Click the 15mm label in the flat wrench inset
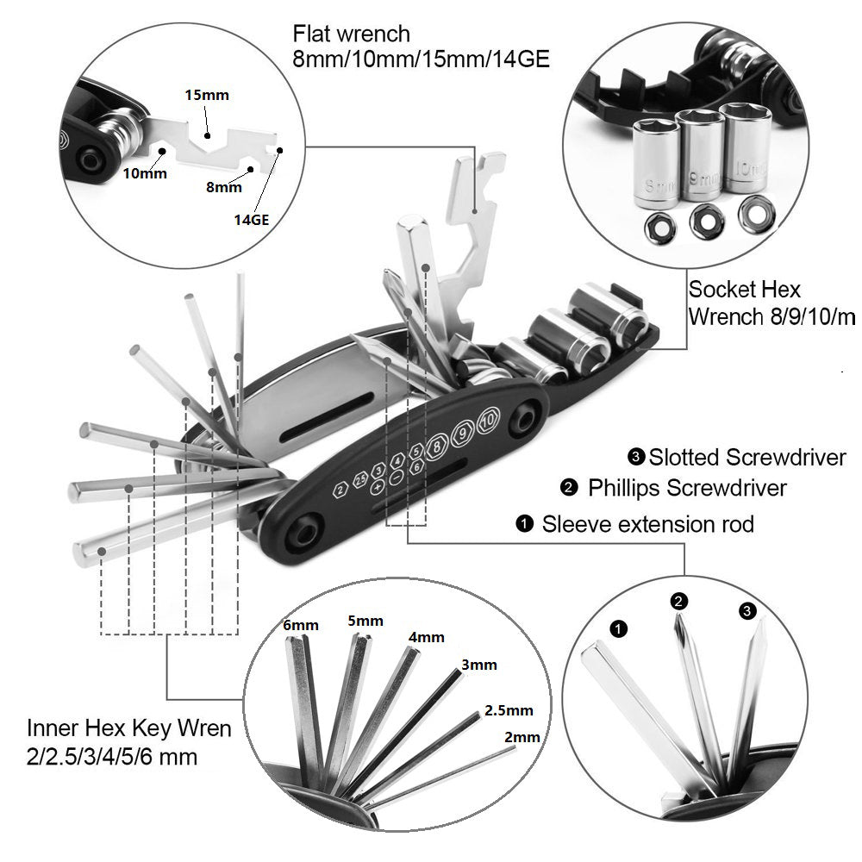point(207,95)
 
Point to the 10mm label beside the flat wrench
point(144,172)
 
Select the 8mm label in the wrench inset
point(224,185)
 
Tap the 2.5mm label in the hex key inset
point(509,710)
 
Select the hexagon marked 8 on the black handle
point(437,446)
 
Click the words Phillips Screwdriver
point(687,488)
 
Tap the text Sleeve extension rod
point(647,523)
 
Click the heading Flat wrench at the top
point(351,34)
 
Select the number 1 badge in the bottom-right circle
point(618,628)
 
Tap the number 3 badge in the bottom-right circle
point(747,611)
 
